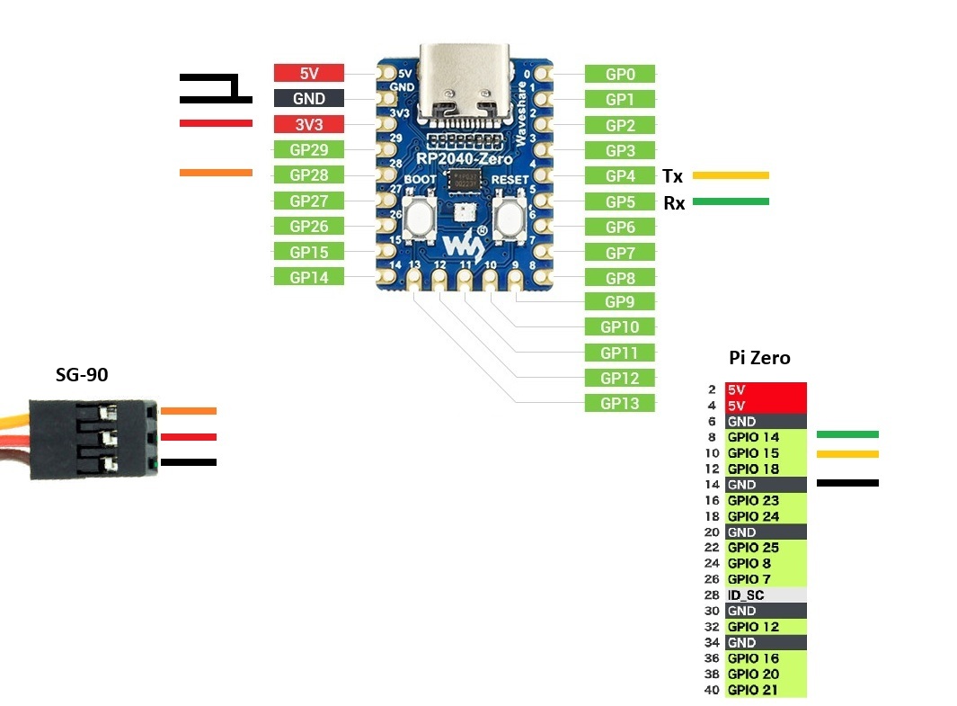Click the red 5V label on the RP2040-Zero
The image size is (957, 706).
308,74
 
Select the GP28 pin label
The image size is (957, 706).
308,175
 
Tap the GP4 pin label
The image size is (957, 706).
620,176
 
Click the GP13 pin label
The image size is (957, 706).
620,403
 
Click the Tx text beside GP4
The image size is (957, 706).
672,176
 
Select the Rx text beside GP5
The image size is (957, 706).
674,203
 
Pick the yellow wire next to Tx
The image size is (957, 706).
731,175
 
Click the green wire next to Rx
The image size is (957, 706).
731,201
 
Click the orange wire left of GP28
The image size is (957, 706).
216,172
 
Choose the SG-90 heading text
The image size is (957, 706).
82,375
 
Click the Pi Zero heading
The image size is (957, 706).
759,358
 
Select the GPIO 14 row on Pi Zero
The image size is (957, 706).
765,437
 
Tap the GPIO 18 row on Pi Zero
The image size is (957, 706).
765,469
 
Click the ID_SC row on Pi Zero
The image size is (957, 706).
765,594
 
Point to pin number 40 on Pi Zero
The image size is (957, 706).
711,690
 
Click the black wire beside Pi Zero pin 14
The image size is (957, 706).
847,483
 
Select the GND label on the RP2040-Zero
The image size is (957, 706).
308,99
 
